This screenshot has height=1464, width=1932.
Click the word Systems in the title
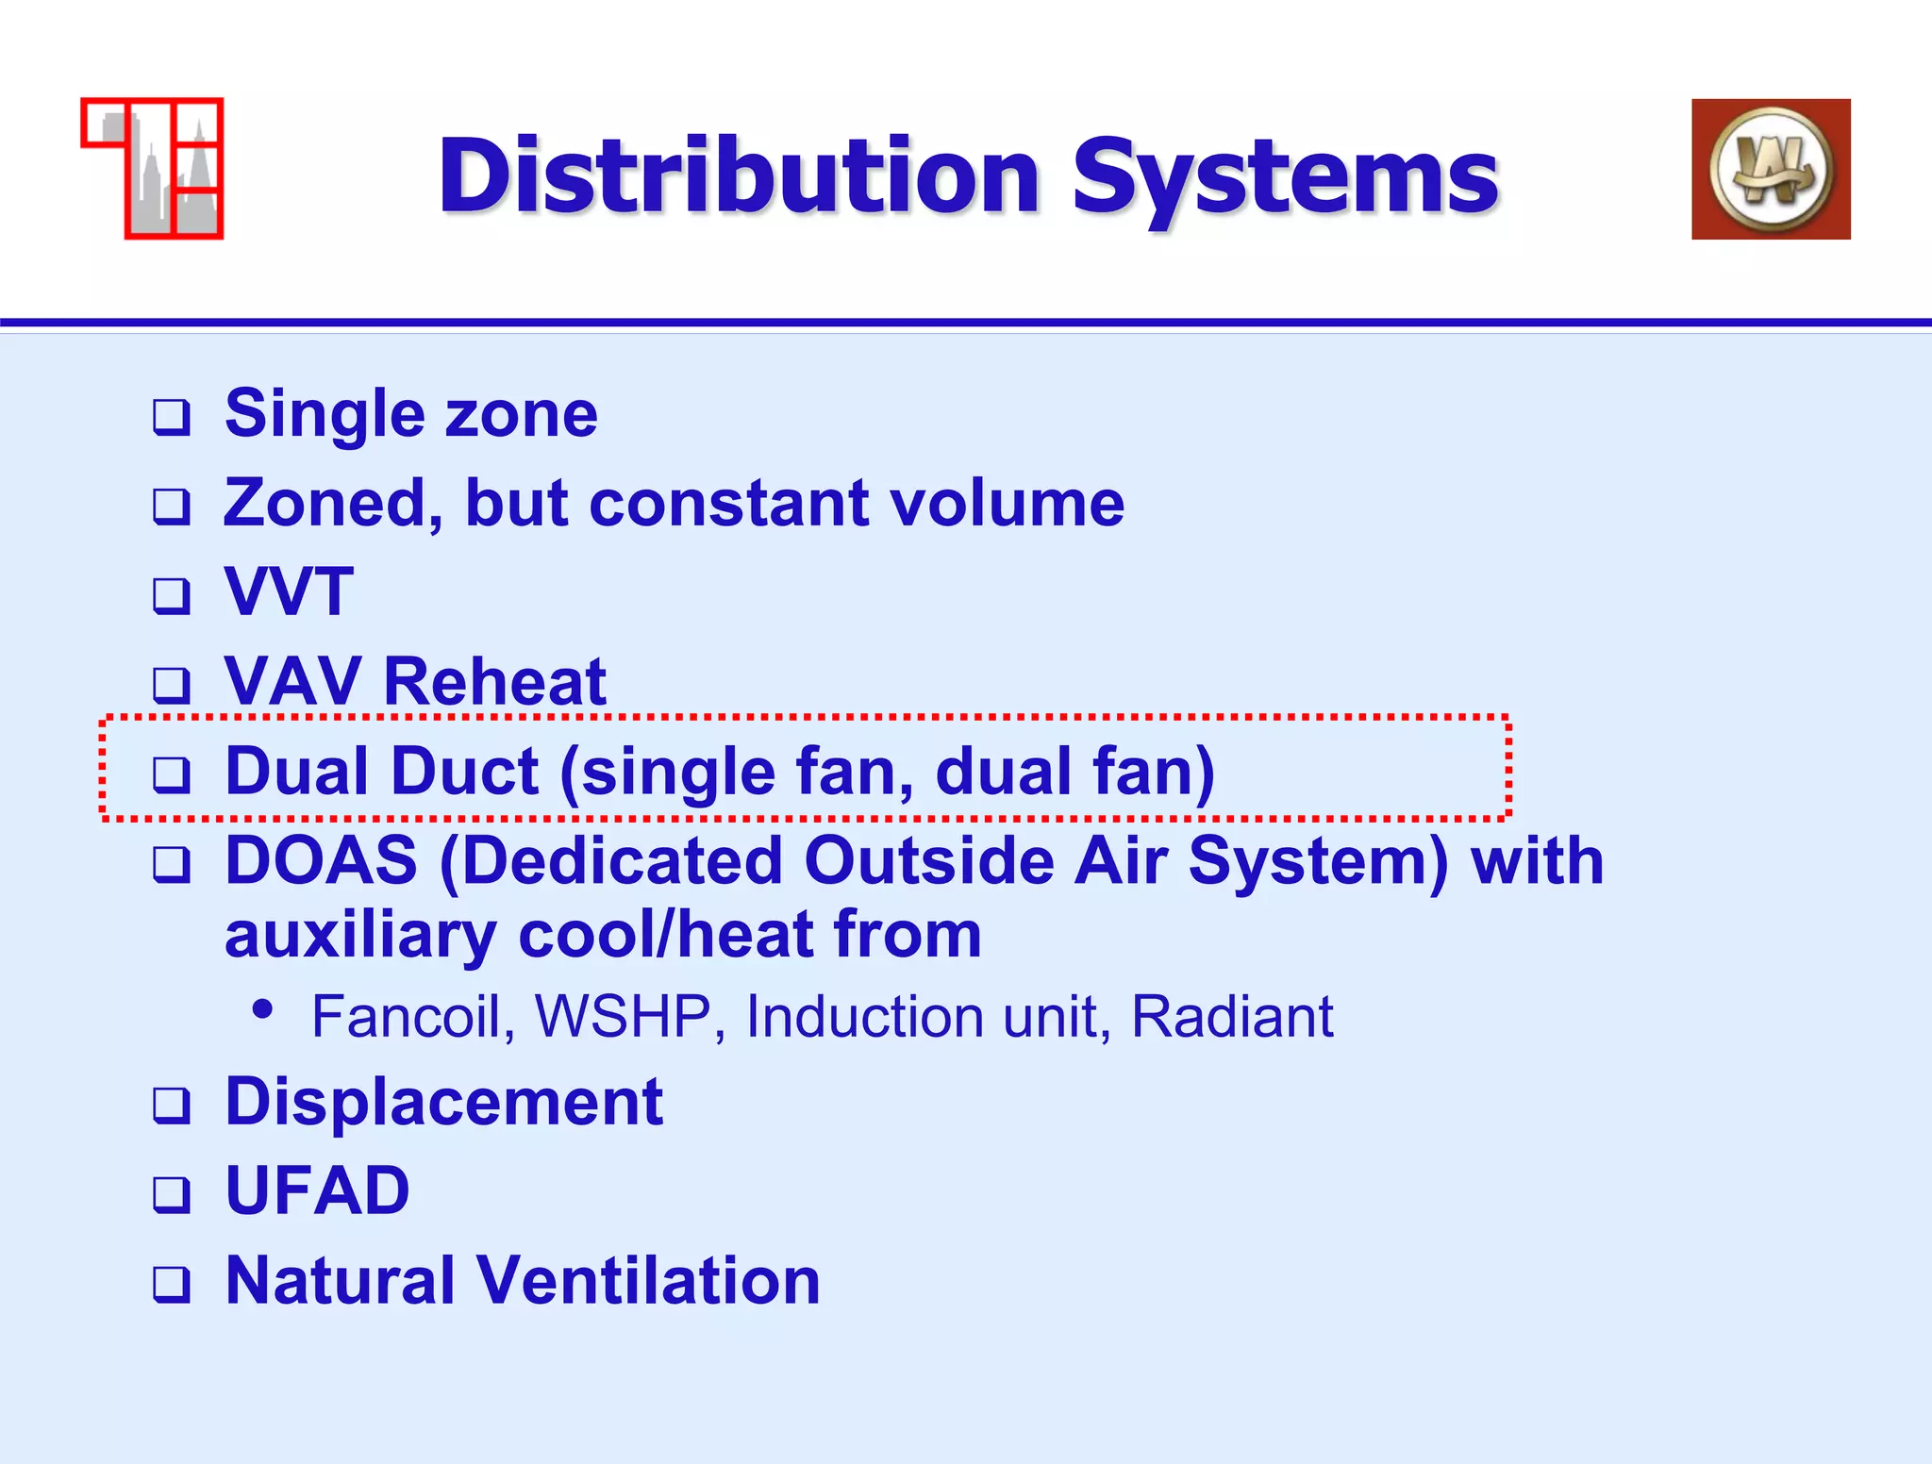click(x=1285, y=176)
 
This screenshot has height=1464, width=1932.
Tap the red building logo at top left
click(x=153, y=169)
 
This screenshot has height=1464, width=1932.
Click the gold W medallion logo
click(x=1771, y=170)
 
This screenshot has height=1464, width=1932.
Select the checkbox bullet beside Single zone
click(x=172, y=417)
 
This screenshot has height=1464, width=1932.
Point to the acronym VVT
click(x=289, y=592)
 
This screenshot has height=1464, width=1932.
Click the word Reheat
click(x=494, y=681)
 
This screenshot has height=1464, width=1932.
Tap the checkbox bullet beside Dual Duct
click(x=172, y=774)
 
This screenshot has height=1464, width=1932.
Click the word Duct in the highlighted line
click(x=464, y=772)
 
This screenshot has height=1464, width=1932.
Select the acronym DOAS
click(x=321, y=860)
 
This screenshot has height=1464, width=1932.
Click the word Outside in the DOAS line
click(x=928, y=860)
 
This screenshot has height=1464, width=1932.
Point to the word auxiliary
click(x=359, y=936)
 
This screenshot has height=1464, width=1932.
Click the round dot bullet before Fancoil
click(x=263, y=1009)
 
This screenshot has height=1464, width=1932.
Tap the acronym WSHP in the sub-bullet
click(x=623, y=1017)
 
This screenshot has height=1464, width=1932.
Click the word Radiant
click(x=1231, y=1017)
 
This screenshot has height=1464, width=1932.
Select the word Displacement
click(x=443, y=1102)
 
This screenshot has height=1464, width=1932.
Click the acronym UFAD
click(x=317, y=1190)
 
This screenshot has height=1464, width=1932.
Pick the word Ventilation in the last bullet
click(x=648, y=1280)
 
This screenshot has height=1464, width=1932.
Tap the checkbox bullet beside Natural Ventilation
click(x=172, y=1284)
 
